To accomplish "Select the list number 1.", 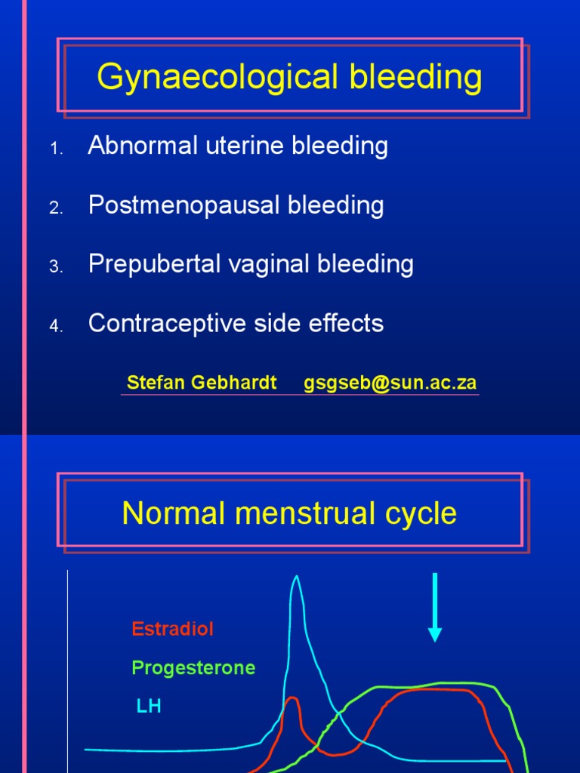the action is (55, 149).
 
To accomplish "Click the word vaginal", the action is (268, 264).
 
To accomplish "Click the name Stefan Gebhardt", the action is (202, 383).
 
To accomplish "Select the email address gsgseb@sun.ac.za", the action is (390, 383).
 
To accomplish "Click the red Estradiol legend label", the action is (172, 629).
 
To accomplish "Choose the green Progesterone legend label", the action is (193, 668).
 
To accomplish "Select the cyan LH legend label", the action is (149, 707).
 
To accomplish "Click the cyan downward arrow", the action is (434, 608).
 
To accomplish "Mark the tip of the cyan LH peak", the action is (296, 577).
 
